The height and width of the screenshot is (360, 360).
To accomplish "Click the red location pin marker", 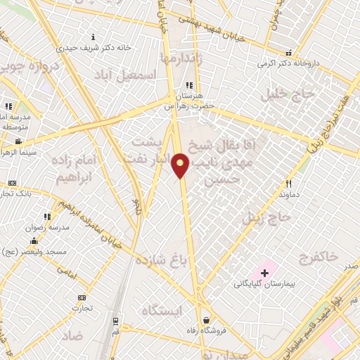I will (181, 164).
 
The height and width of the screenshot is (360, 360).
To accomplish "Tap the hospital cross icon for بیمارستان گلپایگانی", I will (264, 272).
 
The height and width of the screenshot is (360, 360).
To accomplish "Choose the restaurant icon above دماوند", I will (287, 182).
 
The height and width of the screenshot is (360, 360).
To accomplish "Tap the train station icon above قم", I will (115, 321).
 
